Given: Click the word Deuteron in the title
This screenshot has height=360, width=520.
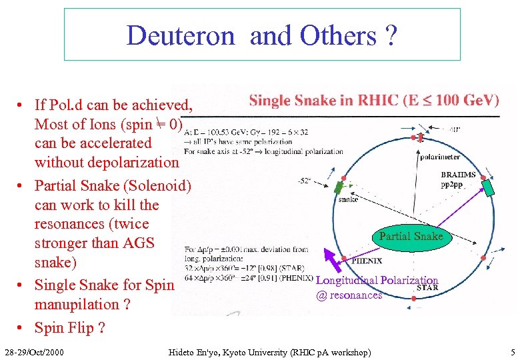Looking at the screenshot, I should (x=181, y=35).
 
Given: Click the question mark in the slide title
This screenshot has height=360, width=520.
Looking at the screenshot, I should (x=391, y=35).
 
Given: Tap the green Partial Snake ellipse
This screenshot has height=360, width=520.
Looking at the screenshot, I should (x=411, y=236).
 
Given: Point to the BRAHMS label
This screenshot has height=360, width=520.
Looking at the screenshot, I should (x=459, y=175).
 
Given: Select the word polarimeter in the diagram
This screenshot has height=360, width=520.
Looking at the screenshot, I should (x=439, y=157).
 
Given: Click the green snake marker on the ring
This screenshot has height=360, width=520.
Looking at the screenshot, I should (x=341, y=187).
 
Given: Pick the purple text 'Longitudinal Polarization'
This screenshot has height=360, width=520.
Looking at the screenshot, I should (x=377, y=281).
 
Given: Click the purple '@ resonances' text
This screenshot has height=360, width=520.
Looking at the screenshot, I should (x=349, y=295).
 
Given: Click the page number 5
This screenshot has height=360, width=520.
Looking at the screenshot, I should (x=513, y=351).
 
